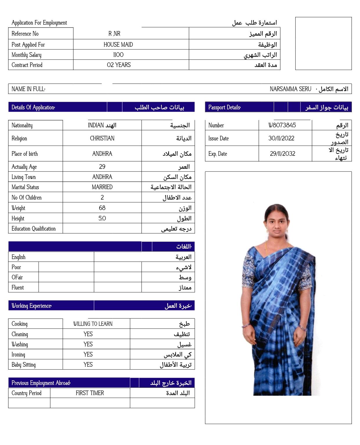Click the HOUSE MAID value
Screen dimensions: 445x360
click(x=118, y=45)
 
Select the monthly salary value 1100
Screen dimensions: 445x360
click(x=118, y=55)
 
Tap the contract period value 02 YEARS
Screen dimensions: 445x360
click(x=118, y=65)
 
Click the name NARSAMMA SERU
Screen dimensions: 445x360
click(x=290, y=89)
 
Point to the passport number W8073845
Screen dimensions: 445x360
click(x=282, y=125)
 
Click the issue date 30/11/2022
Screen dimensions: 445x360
click(x=281, y=138)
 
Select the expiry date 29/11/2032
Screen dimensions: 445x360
click(x=282, y=154)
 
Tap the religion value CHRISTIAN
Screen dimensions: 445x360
click(x=102, y=138)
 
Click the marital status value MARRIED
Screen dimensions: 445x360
click(x=102, y=187)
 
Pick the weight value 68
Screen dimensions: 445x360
click(x=102, y=208)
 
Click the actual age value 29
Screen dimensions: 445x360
click(x=102, y=167)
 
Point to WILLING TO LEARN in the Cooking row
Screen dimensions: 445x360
click(x=93, y=324)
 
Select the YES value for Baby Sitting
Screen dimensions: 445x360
click(x=88, y=365)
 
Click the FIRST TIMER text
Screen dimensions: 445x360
click(x=90, y=393)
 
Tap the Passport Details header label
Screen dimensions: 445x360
click(x=224, y=107)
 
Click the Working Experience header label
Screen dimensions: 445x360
click(x=31, y=306)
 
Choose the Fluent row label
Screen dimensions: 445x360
click(x=18, y=287)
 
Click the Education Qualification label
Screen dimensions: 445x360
click(x=33, y=229)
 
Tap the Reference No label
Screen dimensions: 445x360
click(x=25, y=34)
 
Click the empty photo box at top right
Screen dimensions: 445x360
click(x=323, y=44)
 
